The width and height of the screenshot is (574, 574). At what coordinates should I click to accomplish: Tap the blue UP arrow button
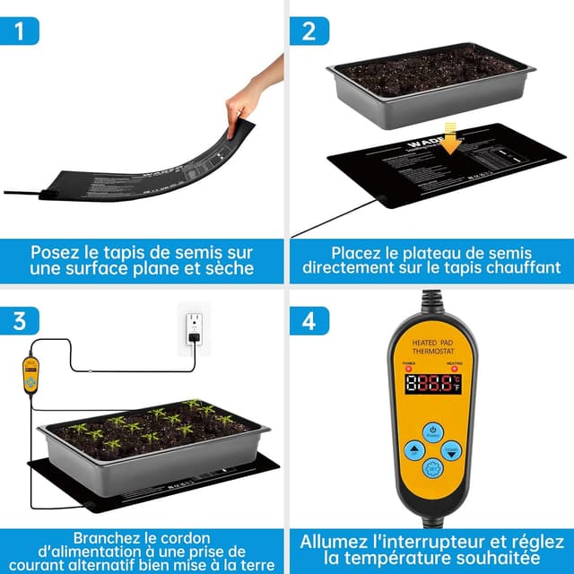click(413, 451)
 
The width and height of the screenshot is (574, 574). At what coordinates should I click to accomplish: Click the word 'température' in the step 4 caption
click(392, 558)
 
